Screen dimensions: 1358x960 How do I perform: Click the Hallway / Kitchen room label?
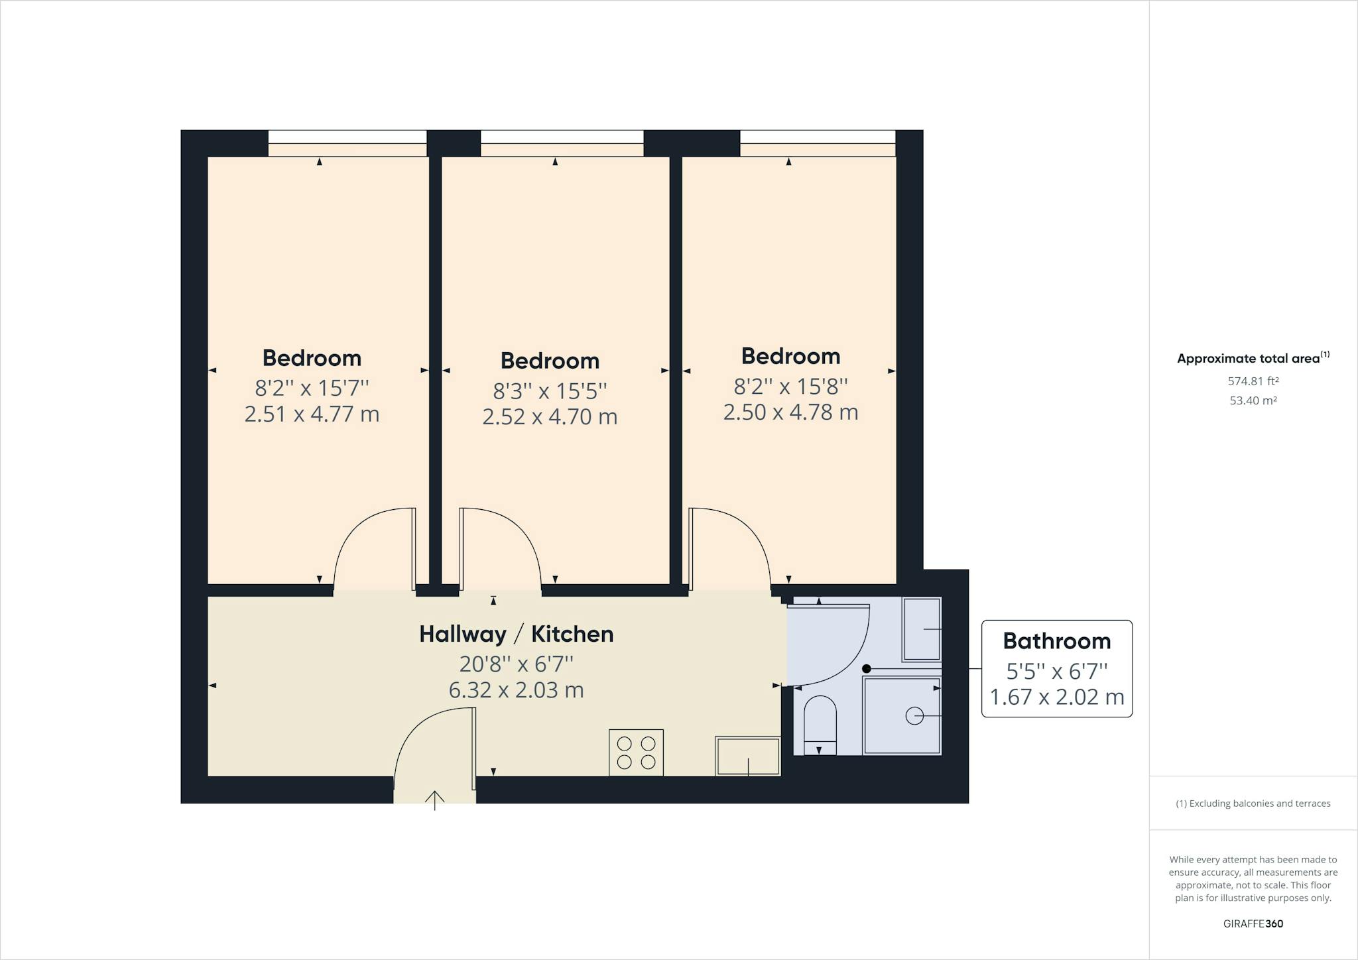(516, 634)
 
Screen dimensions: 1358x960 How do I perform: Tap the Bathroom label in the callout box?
(1057, 641)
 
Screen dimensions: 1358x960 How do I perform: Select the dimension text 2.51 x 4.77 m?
(312, 414)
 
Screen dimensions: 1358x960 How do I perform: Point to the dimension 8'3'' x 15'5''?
(550, 390)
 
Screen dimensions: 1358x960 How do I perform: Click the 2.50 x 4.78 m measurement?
(790, 412)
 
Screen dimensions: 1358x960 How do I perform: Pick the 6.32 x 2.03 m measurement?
(516, 690)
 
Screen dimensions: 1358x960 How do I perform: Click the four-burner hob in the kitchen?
(636, 752)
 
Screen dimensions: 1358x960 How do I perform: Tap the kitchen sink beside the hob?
(747, 755)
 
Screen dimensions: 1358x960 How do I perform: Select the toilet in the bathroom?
(820, 725)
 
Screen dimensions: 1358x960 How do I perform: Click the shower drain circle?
(914, 716)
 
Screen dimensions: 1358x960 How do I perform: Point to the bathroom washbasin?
(922, 629)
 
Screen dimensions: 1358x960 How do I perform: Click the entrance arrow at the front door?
(435, 800)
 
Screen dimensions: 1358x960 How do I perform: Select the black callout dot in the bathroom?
(866, 669)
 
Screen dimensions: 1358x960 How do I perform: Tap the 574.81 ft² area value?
(1253, 381)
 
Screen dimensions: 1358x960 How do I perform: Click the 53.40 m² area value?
(1253, 400)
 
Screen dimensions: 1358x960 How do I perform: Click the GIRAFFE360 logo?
(1253, 924)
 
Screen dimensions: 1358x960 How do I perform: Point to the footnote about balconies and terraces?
(1253, 804)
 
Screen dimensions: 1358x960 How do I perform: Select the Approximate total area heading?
(1253, 358)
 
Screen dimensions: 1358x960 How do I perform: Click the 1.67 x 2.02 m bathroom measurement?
(1057, 697)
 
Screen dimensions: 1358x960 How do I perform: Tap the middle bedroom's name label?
(550, 361)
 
